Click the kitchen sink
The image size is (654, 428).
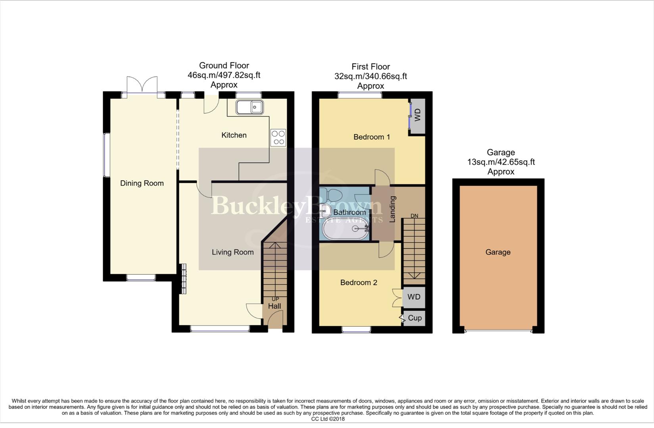click(x=249, y=107)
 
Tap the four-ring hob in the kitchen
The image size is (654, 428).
click(x=278, y=138)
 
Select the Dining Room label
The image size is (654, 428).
click(x=142, y=183)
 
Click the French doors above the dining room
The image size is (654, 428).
click(x=142, y=85)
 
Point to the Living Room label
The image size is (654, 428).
click(x=232, y=252)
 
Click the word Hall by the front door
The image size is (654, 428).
click(x=274, y=306)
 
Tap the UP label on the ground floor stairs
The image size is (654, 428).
click(x=275, y=299)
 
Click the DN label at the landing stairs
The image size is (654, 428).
click(x=414, y=216)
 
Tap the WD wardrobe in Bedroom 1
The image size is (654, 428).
click(x=417, y=116)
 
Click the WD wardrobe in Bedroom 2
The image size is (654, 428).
click(x=414, y=297)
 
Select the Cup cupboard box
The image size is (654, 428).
click(x=414, y=318)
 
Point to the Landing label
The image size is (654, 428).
click(x=393, y=209)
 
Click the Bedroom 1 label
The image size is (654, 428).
click(x=372, y=137)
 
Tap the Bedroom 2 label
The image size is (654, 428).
click(x=359, y=283)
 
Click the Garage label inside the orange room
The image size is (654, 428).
click(x=498, y=252)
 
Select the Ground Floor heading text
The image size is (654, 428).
click(x=224, y=65)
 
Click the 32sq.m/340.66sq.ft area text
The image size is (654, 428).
click(x=370, y=76)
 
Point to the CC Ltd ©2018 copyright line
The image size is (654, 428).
click(x=328, y=419)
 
